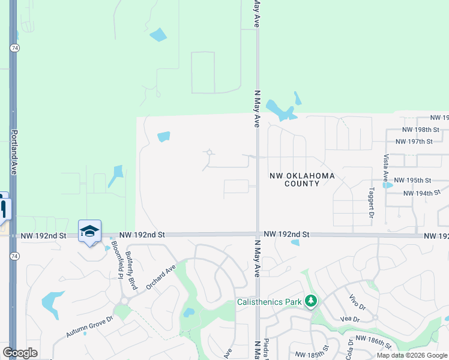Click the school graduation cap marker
coord(89,231)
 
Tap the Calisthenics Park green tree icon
coord(310,301)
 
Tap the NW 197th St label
coord(414,142)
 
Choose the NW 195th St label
coord(412,180)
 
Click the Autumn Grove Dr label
coord(89,327)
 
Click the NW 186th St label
coord(374,343)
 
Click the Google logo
coord(20,353)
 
